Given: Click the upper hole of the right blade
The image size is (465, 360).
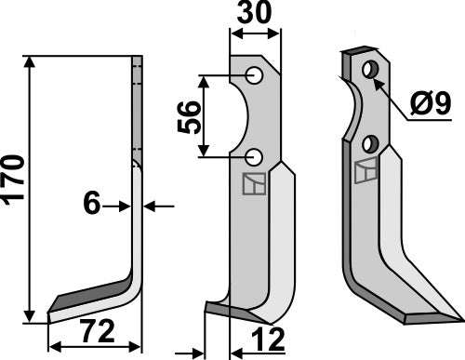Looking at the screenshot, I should [371, 69].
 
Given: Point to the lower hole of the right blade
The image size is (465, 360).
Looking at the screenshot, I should [370, 143].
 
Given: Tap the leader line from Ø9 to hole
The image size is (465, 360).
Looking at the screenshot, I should [394, 92].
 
